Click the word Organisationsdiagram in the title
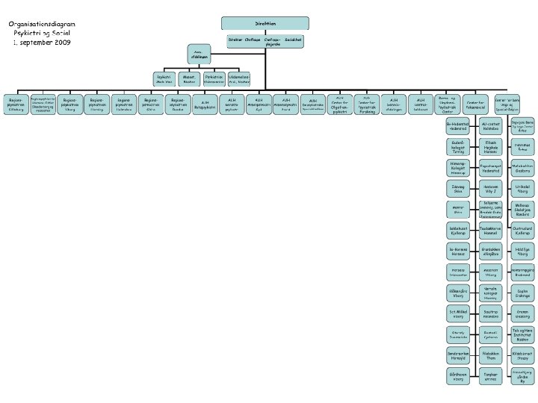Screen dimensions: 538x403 (x=42, y=24)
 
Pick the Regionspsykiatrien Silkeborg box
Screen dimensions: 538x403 (x=15, y=105)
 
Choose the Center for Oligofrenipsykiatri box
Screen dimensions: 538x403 (x=339, y=105)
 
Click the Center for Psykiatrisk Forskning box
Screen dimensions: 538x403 (x=366, y=105)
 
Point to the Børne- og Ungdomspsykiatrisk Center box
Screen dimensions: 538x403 (x=448, y=105)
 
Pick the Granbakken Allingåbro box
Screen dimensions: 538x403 (x=491, y=250)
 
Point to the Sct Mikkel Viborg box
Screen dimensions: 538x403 (x=458, y=313)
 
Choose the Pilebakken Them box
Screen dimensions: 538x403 (x=491, y=354)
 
